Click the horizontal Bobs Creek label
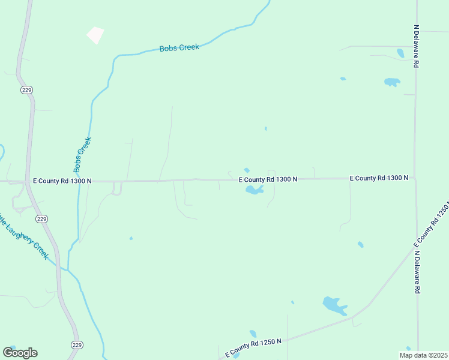(179, 48)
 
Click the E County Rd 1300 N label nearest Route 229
(62, 181)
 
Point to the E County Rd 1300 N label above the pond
(268, 179)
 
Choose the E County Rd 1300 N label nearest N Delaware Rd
(379, 178)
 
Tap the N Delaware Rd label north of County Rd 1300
(416, 46)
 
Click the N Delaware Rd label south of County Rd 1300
(417, 271)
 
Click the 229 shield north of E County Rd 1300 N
(26, 90)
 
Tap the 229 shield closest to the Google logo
(76, 344)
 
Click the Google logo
(20, 353)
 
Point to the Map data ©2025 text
(423, 355)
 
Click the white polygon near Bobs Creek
(95, 35)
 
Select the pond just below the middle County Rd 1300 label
(254, 191)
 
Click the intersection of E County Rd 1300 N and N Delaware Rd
(415, 178)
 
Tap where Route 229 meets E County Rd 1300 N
(27, 181)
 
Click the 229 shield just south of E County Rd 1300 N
(41, 220)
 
